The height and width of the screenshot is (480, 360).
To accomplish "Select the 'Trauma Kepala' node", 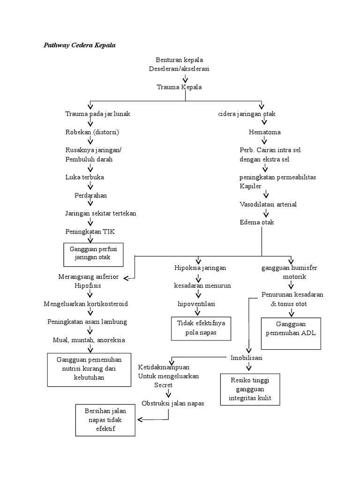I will coord(180,87).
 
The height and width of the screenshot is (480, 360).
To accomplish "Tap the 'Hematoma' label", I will coord(265,132).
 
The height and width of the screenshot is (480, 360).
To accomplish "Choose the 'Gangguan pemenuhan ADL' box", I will coord(291,333).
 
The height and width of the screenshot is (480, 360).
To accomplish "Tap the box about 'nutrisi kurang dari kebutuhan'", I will coord(89,369).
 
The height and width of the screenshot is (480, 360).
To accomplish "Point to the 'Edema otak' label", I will coord(257,222).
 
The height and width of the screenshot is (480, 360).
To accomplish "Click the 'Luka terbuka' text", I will coord(85,177).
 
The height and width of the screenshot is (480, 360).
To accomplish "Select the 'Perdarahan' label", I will coord(91,195).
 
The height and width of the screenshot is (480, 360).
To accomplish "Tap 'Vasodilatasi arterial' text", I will coord(268,204).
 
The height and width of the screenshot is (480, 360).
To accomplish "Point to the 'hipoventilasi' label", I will coord(196,304).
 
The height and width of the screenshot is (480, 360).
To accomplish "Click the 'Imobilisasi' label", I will coord(247,358).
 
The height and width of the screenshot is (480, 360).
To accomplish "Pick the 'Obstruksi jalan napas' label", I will coord(173,403).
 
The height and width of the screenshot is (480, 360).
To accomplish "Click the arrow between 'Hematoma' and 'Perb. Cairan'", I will coord(264,141).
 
